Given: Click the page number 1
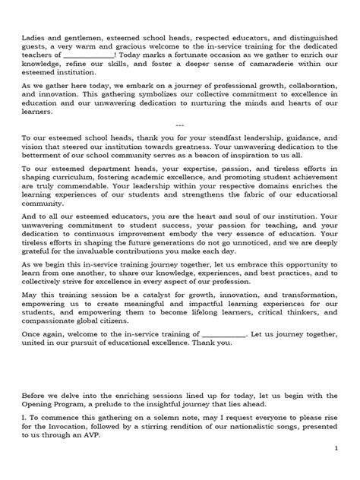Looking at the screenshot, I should pyautogui.click(x=336, y=470).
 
